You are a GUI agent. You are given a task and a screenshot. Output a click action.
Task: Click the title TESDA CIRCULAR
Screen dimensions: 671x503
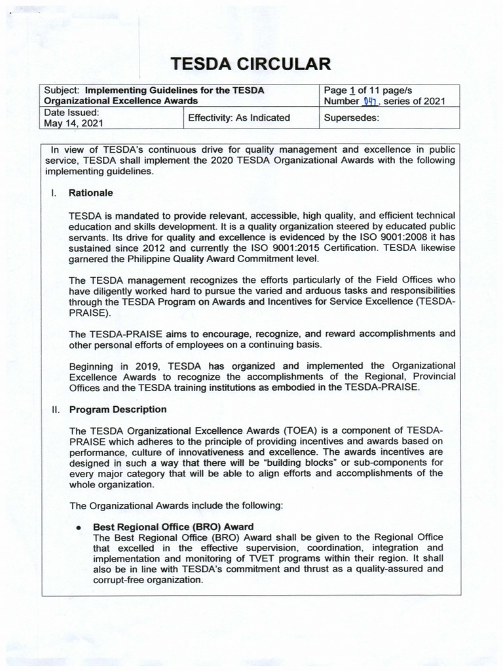251,64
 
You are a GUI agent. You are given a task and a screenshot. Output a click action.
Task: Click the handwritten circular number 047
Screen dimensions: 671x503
370,101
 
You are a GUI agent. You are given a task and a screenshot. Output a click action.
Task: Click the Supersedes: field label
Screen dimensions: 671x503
352,118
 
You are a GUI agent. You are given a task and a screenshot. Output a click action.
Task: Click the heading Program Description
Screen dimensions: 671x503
118,409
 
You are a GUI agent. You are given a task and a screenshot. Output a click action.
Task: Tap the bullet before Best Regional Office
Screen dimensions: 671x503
78,527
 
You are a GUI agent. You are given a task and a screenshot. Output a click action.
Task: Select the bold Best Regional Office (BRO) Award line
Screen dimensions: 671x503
173,526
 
